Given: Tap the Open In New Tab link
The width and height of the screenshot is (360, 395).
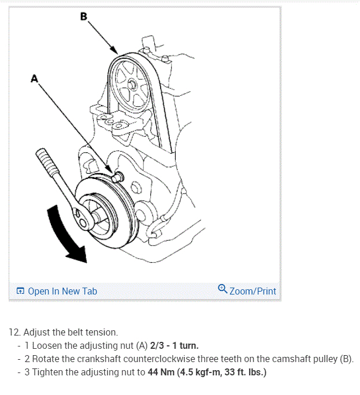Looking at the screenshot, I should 62,291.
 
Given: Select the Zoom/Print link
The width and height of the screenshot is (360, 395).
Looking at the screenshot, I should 253,291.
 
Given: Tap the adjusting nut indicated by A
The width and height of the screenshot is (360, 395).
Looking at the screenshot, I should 119,176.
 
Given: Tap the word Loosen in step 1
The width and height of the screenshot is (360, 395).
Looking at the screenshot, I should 48,346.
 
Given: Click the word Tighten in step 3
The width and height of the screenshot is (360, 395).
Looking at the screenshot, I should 50,372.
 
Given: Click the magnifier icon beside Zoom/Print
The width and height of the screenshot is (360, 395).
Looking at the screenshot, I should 222,289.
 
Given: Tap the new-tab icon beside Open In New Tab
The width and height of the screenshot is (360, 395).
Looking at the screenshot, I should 20,291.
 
